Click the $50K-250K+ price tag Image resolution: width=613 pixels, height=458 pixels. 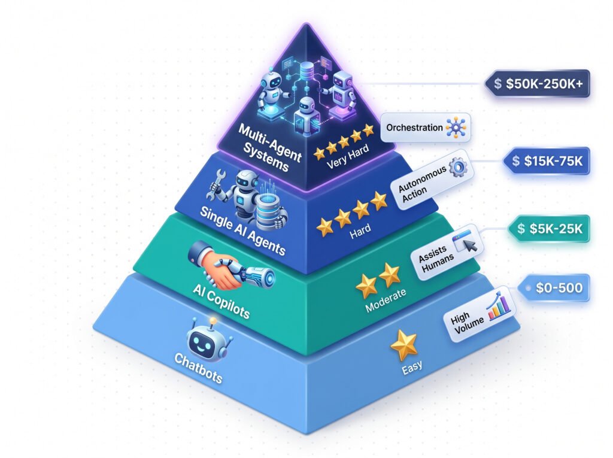(537, 83)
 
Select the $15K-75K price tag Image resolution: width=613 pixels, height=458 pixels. (546, 161)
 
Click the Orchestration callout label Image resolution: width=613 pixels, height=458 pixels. (426, 128)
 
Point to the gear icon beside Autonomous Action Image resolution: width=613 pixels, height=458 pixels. (458, 167)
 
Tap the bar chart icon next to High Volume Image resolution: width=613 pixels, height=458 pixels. (499, 305)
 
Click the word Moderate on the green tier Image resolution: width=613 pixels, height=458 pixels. (386, 301)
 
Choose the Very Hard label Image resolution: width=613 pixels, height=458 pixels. (348, 156)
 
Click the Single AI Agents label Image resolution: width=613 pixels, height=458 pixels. (242, 231)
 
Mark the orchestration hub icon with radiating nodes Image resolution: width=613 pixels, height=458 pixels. (456, 128)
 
